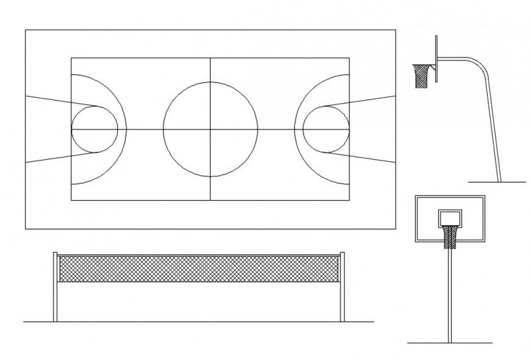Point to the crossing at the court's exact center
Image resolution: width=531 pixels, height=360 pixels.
pyautogui.click(x=211, y=129)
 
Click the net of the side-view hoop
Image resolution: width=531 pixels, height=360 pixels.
pyautogui.click(x=421, y=77)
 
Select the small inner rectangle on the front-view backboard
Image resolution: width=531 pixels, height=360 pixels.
pyautogui.click(x=450, y=217)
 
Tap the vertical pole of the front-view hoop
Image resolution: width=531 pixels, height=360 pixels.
pyautogui.click(x=450, y=293)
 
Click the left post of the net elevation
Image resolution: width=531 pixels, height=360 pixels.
pyautogui.click(x=56, y=287)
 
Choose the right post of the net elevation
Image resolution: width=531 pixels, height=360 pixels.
pyautogui.click(x=342, y=287)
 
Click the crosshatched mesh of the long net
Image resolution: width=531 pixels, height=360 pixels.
pyautogui.click(x=198, y=268)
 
